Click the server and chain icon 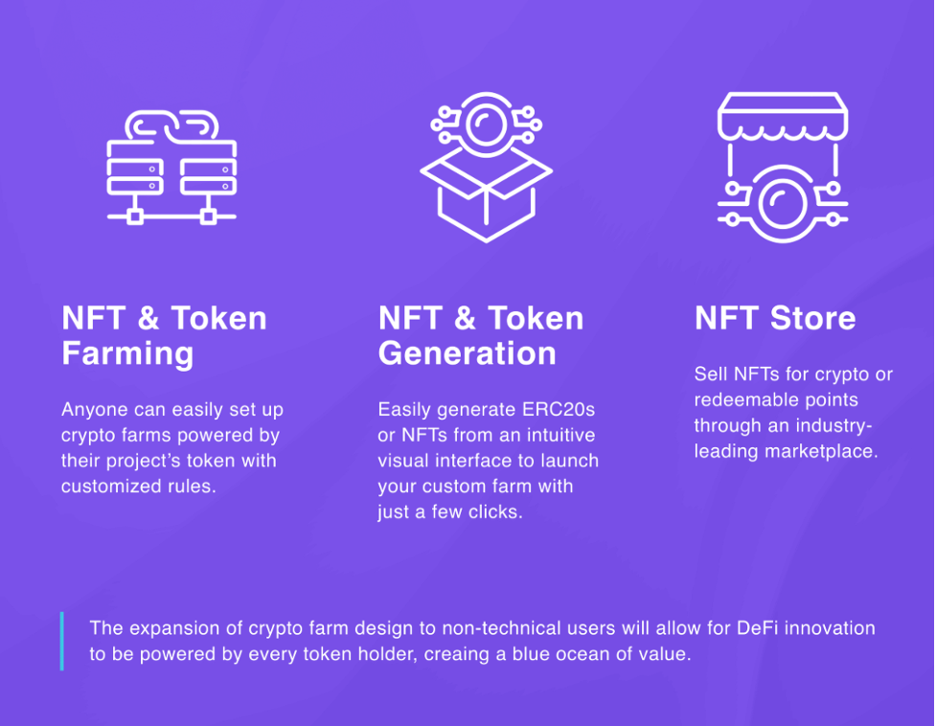171,168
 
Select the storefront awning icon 783,168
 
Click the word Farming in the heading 127,353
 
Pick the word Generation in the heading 468,353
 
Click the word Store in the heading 813,318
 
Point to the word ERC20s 559,410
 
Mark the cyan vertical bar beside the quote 62,641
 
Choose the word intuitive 560,435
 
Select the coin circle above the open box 486,125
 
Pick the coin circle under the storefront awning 782,203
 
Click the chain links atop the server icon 171,126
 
